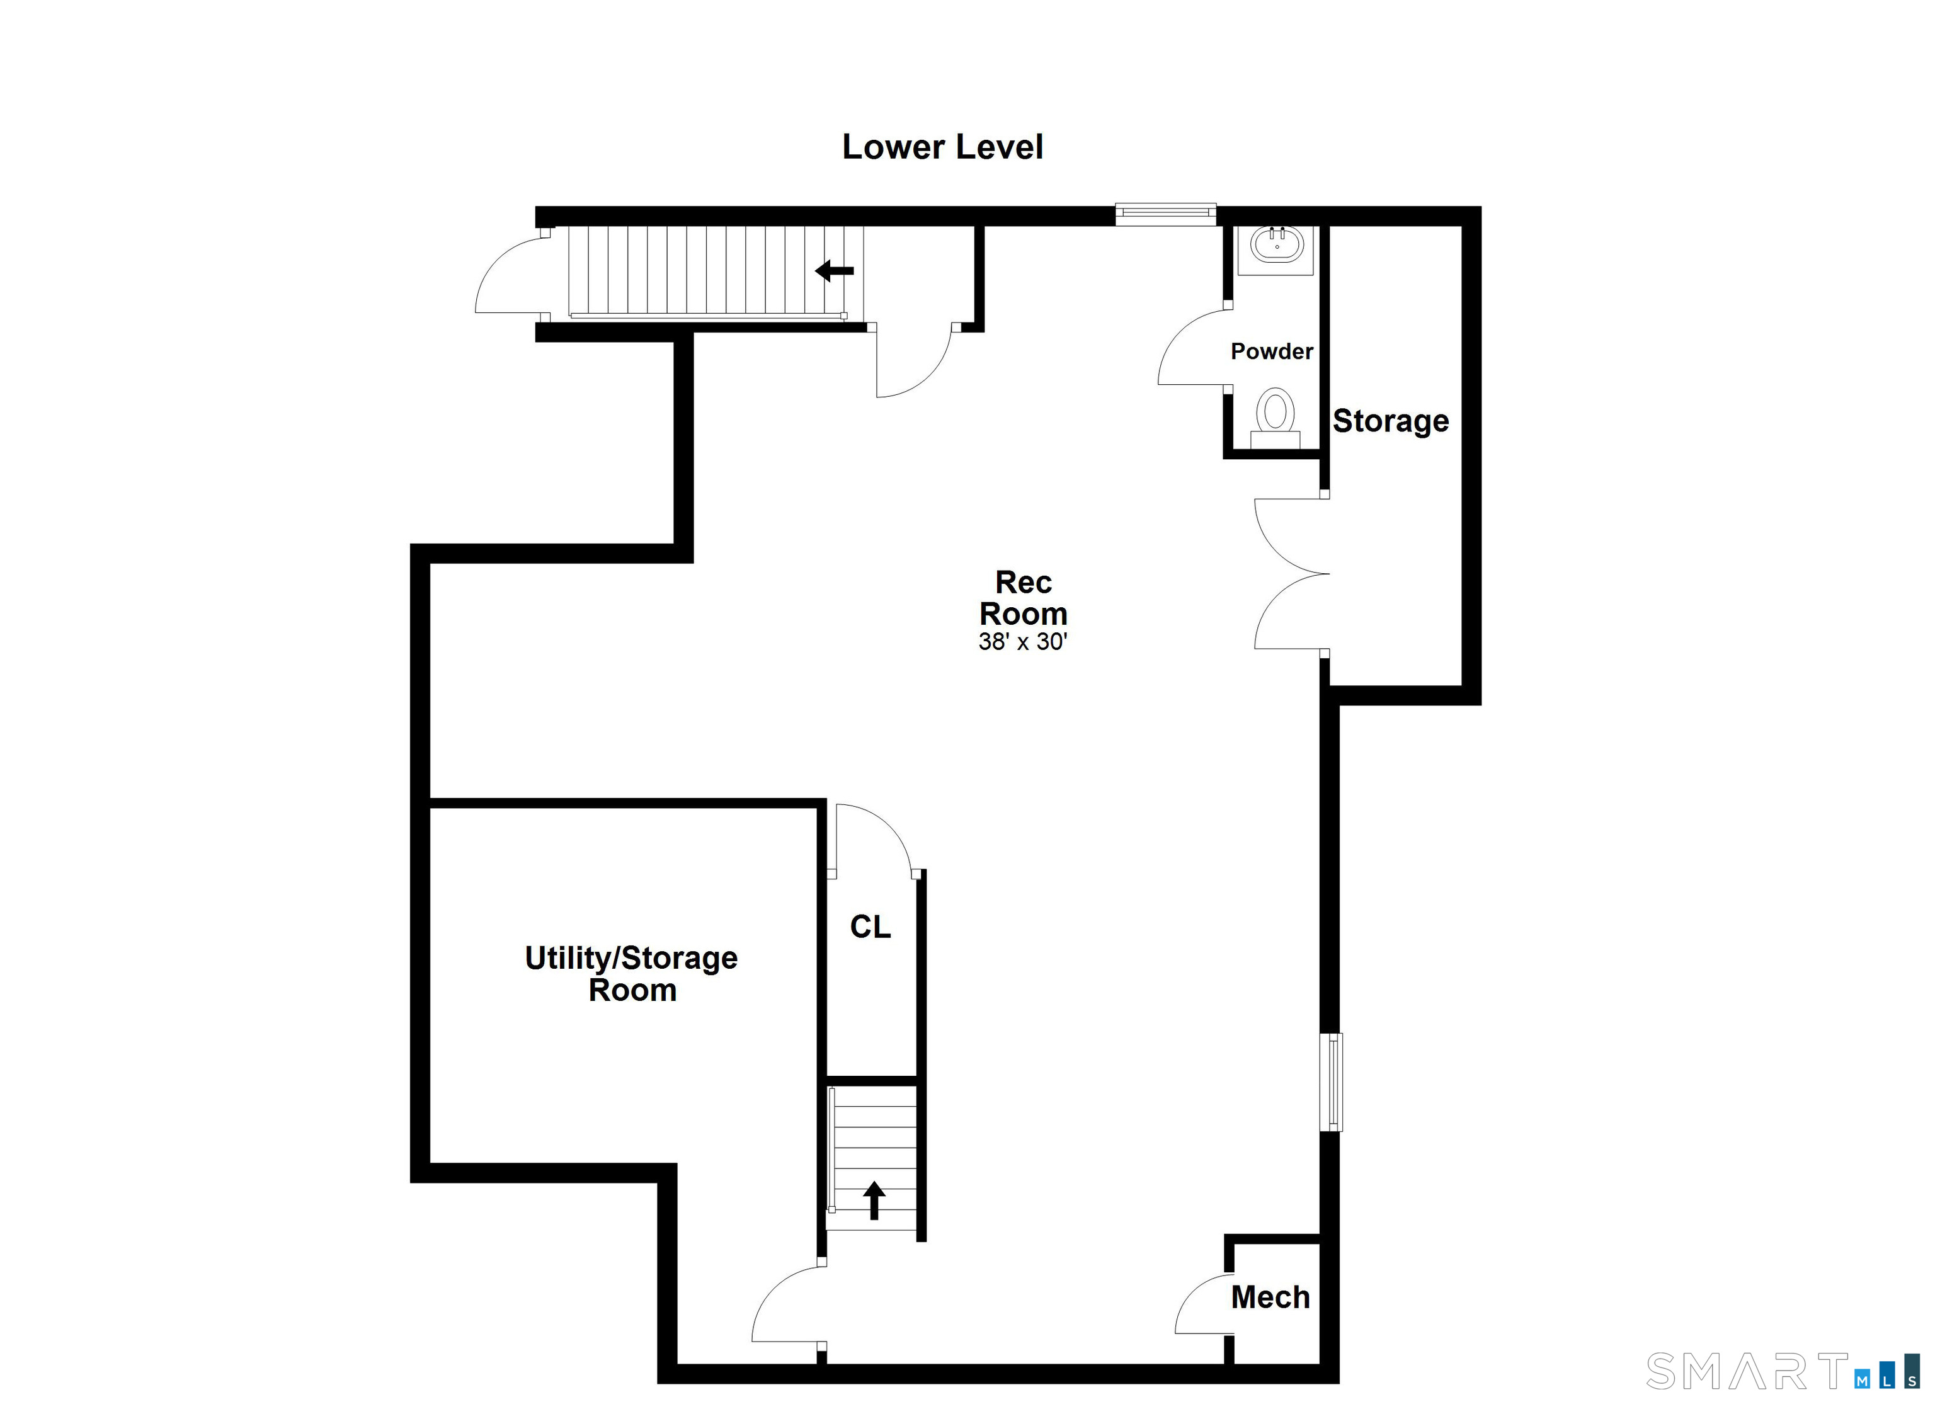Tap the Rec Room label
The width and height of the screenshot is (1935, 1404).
pos(1023,598)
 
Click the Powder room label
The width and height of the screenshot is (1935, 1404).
pos(1271,351)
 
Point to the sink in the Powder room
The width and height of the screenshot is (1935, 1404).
pos(1276,245)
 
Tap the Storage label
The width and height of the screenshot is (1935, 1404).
pos(1391,421)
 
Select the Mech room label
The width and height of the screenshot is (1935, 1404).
pos(1270,1298)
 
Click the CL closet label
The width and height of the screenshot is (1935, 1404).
pos(870,927)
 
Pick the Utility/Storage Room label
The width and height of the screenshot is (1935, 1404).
pos(631,973)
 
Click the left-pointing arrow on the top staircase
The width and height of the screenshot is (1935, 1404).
pos(835,271)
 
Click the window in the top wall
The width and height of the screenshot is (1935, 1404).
pos(1165,214)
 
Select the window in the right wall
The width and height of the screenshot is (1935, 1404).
pos(1331,1082)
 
